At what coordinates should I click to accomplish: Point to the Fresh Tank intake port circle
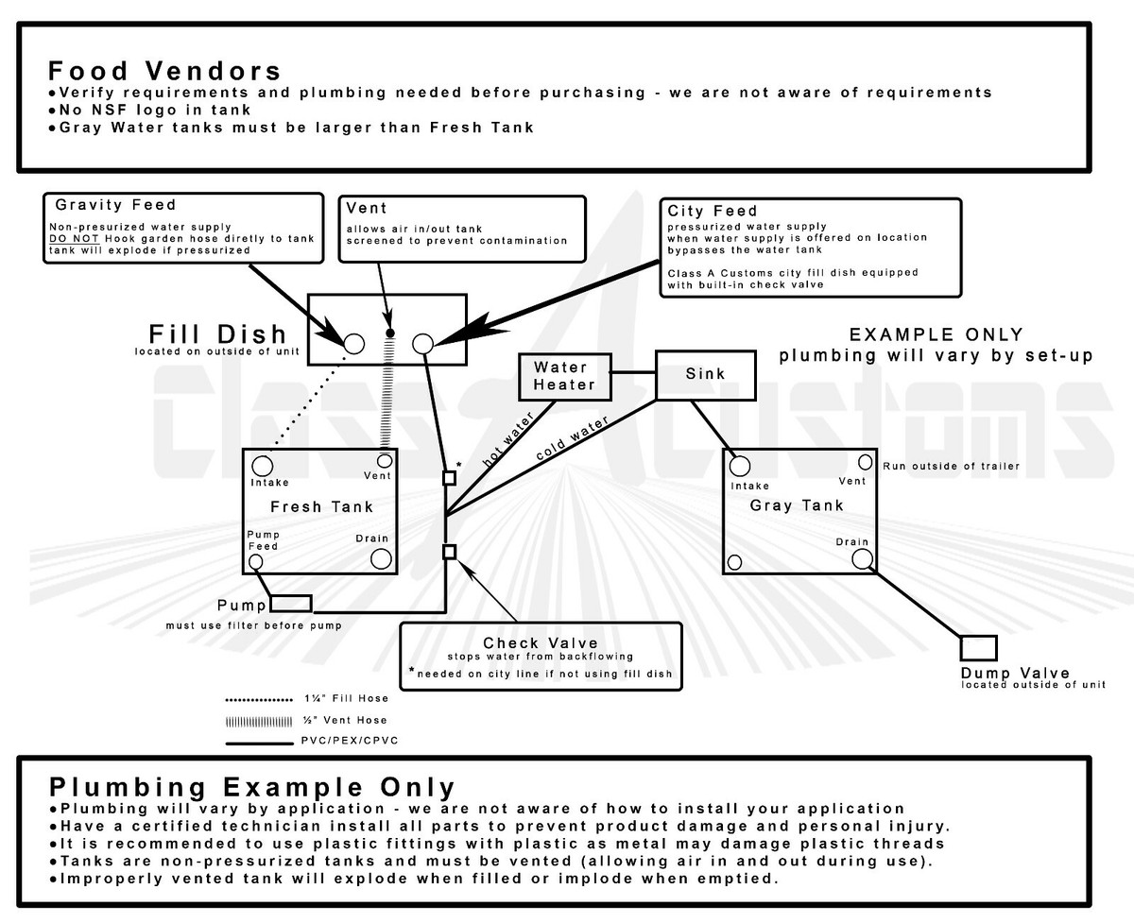262,466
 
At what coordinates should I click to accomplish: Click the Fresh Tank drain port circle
381,559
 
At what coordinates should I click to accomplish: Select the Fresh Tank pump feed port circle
255,561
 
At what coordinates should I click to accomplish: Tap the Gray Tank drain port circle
862,559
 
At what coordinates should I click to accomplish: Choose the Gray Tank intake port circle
740,466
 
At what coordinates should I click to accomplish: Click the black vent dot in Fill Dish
390,333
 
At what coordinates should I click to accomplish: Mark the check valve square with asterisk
449,477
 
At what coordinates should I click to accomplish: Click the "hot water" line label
507,439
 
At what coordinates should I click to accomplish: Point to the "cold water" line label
572,438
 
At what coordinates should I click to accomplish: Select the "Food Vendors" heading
164,71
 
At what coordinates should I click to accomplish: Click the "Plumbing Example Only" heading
252,787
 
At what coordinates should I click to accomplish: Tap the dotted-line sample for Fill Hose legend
259,700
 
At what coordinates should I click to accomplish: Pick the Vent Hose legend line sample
259,722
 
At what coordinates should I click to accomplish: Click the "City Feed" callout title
713,211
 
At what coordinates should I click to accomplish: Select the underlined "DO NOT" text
74,238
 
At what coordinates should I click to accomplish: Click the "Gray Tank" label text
797,505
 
